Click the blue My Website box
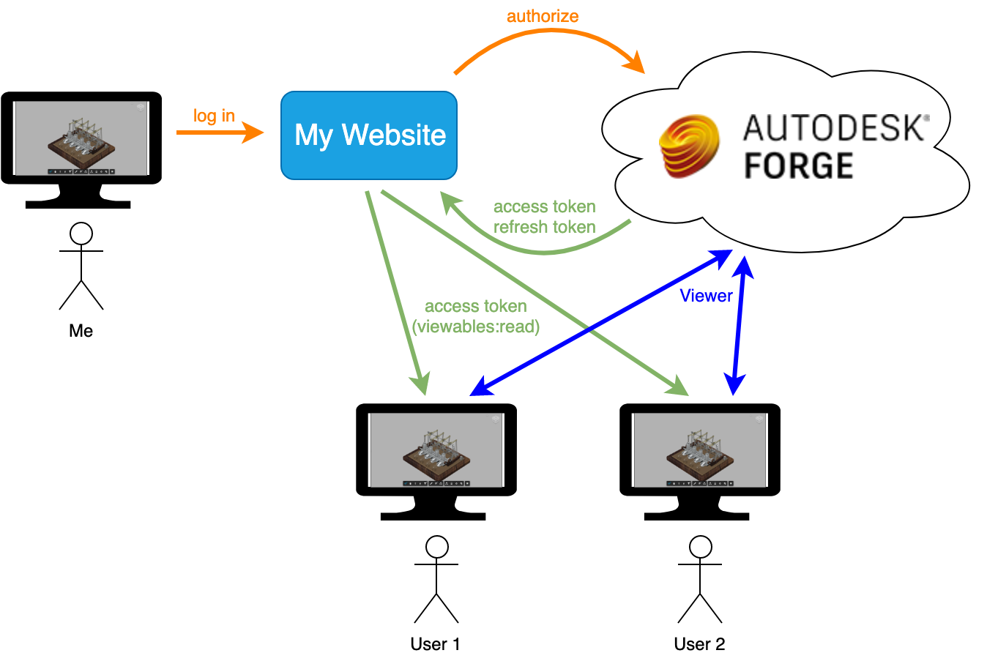369,135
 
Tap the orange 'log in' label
214,116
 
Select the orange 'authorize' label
543,15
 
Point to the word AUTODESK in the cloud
835,128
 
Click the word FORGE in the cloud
798,166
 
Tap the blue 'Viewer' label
706,296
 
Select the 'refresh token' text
544,227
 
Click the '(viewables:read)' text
476,327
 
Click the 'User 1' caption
436,644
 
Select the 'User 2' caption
699,644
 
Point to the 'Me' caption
81,331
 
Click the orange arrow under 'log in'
220,133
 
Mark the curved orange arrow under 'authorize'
549,37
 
